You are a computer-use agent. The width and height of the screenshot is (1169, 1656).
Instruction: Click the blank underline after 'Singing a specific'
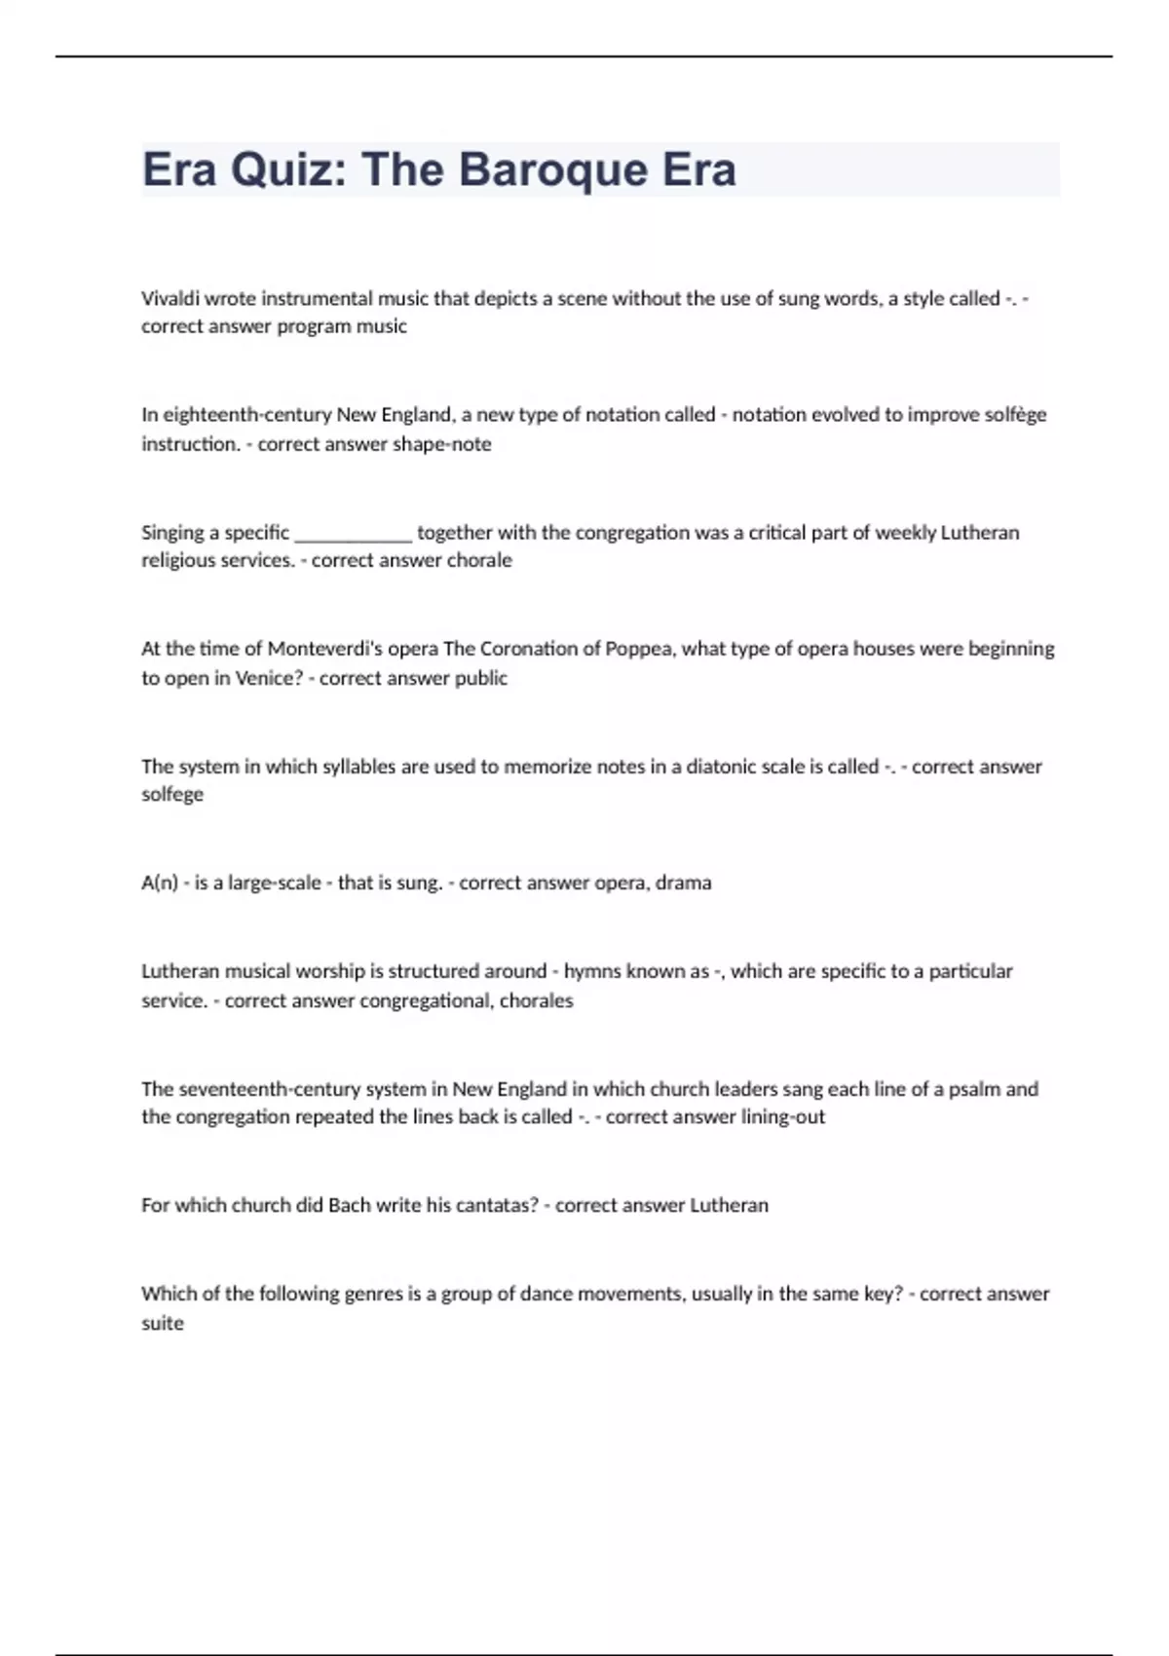point(354,533)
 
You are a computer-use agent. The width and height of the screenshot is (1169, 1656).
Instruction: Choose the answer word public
point(481,678)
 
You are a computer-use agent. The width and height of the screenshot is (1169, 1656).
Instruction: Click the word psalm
point(975,1089)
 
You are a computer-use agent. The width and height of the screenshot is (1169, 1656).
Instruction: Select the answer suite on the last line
point(163,1323)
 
